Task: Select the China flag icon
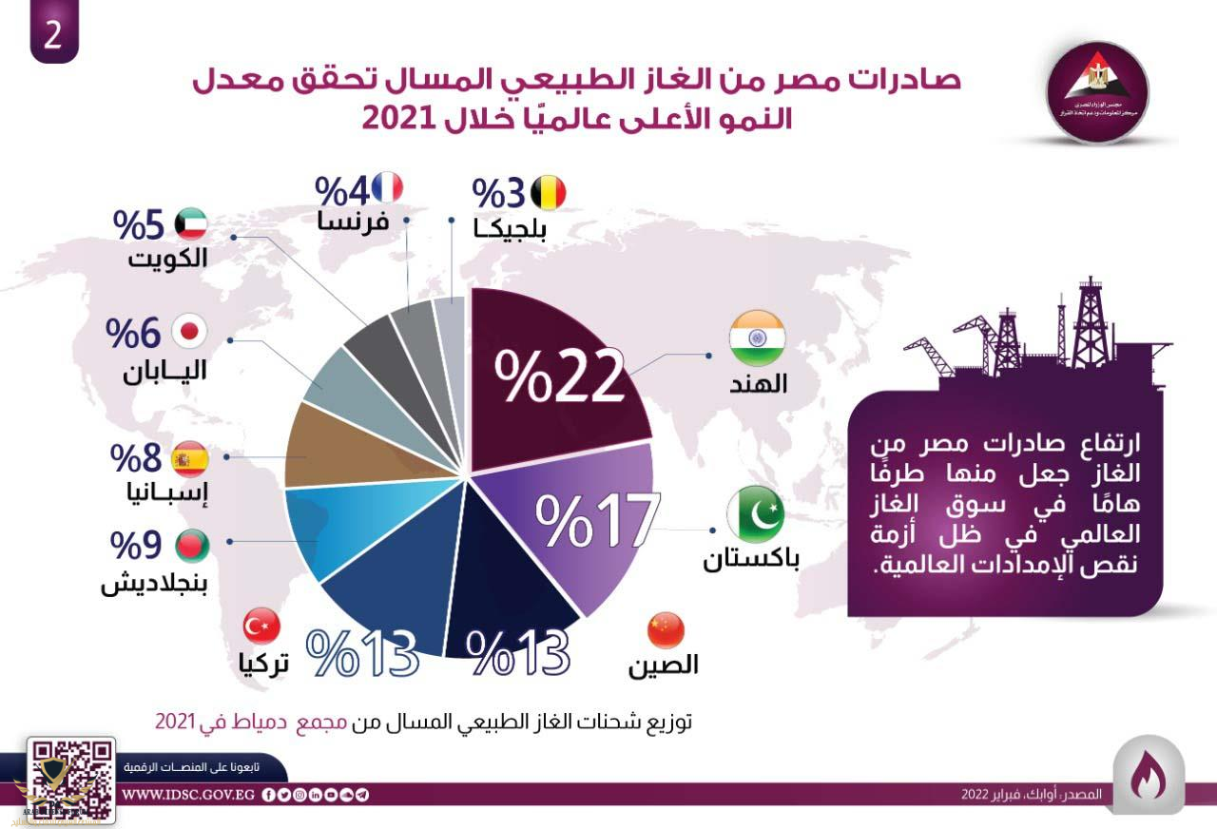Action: pos(665,629)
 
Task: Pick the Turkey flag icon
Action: pos(261,627)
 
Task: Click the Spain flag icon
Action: pos(189,459)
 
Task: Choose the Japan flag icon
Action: pos(189,332)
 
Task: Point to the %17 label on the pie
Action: pos(596,520)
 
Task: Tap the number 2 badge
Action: pos(54,33)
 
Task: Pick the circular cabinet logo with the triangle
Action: pos(1103,90)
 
